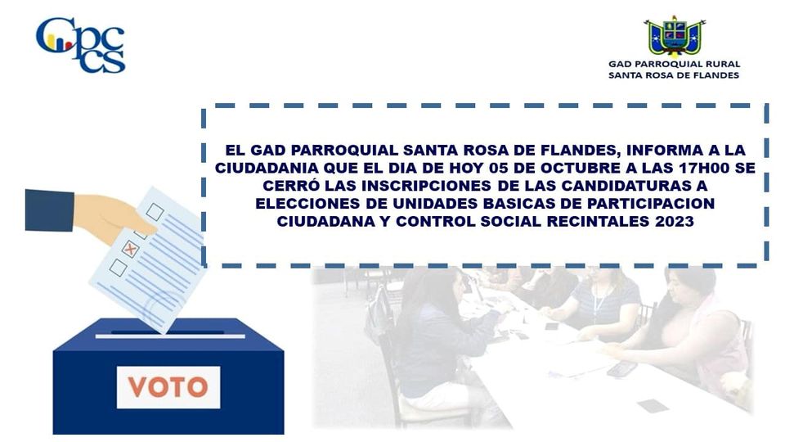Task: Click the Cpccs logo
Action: point(81,45)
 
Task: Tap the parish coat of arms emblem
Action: point(675,37)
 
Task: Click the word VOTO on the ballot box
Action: point(168,387)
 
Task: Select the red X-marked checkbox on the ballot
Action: point(130,249)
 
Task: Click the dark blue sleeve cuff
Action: point(50,210)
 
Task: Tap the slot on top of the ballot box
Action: point(170,336)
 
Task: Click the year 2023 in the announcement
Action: point(674,221)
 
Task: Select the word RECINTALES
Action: point(598,221)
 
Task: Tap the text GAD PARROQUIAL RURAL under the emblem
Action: point(674,64)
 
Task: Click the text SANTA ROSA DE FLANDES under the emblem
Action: point(674,75)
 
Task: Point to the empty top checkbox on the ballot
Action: point(155,212)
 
